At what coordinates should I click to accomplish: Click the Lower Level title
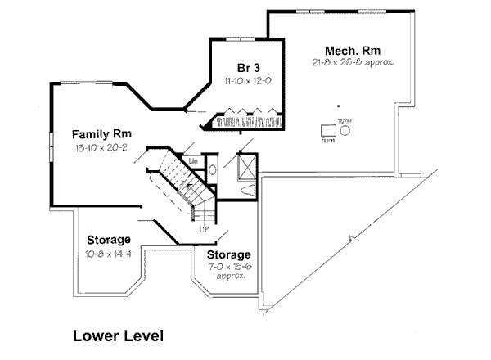click(x=118, y=335)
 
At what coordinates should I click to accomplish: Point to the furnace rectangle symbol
click(x=327, y=129)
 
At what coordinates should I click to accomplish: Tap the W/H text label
click(x=345, y=119)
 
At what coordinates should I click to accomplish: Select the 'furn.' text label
click(x=328, y=141)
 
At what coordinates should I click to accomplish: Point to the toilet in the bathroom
click(x=250, y=191)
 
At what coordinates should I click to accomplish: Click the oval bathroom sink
click(x=213, y=170)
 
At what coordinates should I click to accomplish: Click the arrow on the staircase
click(x=190, y=190)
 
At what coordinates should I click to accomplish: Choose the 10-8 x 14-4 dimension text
click(x=106, y=254)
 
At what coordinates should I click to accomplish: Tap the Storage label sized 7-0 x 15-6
click(x=228, y=255)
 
